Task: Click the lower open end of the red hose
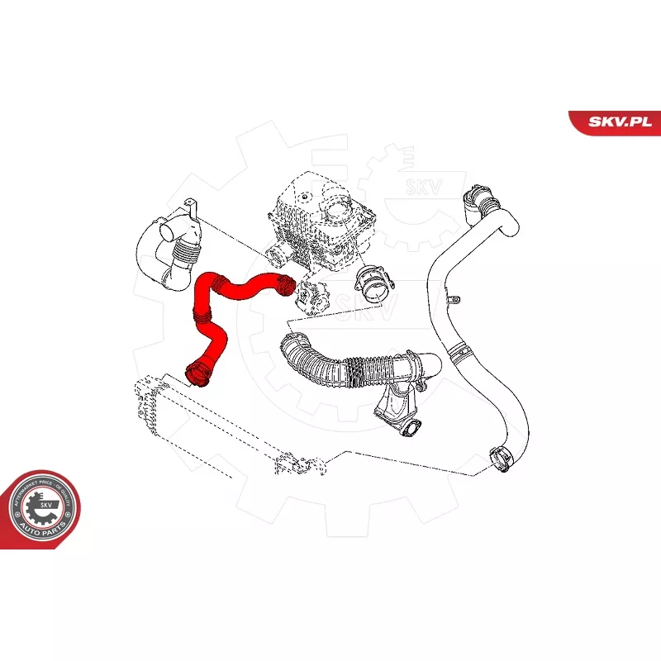tap(197, 373)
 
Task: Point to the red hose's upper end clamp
tap(283, 285)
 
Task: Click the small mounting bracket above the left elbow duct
tap(192, 208)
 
